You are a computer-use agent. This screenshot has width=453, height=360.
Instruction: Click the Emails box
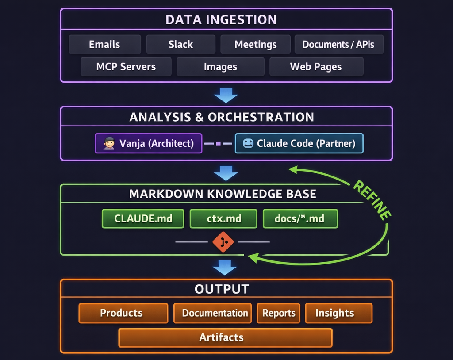(x=105, y=44)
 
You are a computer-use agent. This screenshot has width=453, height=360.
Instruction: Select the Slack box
(x=180, y=44)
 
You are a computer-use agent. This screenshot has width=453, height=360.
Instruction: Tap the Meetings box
(x=255, y=44)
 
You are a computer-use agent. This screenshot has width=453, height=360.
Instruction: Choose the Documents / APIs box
(x=338, y=44)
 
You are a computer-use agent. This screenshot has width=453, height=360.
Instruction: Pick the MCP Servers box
(x=126, y=67)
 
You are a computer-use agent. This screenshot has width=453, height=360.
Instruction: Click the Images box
(x=220, y=67)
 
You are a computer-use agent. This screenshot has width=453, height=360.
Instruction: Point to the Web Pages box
(x=316, y=67)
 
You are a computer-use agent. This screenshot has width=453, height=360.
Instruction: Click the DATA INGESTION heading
(x=221, y=19)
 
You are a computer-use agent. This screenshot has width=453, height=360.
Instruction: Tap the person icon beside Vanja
(x=109, y=143)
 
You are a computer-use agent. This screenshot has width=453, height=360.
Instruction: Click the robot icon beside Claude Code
(x=248, y=143)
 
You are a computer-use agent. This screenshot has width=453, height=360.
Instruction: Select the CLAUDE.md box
(x=143, y=218)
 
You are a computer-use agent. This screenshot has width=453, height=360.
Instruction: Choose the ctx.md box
(x=223, y=218)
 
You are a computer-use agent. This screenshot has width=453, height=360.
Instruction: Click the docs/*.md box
(x=300, y=218)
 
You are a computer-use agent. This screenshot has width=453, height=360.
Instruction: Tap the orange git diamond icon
(x=223, y=242)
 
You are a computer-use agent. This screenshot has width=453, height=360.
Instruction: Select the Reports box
(x=278, y=313)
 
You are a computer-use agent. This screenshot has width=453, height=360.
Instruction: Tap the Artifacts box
(x=225, y=337)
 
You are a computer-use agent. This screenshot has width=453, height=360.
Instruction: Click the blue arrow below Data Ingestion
(x=226, y=95)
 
